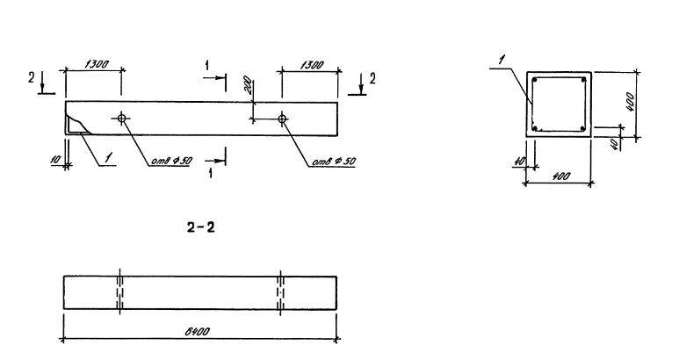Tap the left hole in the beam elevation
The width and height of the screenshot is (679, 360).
(x=121, y=119)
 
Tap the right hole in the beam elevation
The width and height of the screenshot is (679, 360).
(x=281, y=119)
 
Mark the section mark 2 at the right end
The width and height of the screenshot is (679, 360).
(x=372, y=78)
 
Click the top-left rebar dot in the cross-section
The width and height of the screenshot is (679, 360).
(x=534, y=81)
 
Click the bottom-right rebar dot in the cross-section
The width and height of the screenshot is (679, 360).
(x=583, y=129)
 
